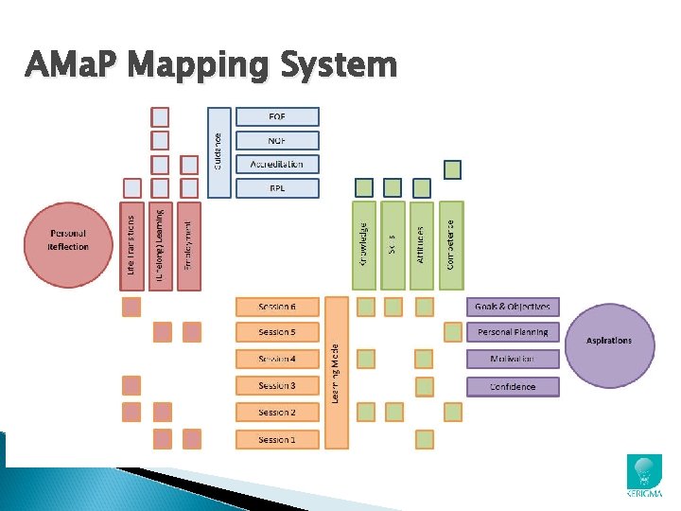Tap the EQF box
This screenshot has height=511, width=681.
click(277, 116)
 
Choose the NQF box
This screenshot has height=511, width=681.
click(277, 140)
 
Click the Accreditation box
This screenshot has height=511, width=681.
click(277, 164)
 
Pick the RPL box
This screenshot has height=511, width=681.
click(277, 187)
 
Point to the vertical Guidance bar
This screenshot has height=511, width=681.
click(218, 151)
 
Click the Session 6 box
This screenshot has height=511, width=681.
click(277, 307)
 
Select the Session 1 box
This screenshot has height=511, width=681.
click(277, 439)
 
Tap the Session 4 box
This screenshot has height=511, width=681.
click(277, 360)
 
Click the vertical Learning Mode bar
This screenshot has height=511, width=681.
click(336, 373)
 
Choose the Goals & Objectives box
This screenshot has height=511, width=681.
click(513, 307)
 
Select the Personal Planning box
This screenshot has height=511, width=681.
click(513, 332)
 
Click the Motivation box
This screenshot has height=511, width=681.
click(513, 360)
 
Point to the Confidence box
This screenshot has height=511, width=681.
click(513, 386)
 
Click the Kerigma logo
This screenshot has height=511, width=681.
click(645, 476)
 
